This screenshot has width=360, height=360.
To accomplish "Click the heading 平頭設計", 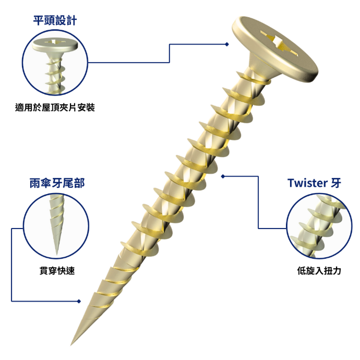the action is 55,21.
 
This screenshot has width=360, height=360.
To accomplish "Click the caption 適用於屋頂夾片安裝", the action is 55,107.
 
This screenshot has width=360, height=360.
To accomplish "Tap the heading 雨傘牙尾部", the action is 57,183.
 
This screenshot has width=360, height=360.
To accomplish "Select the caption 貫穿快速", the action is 57,271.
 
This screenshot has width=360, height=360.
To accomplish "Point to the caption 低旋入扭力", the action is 319,271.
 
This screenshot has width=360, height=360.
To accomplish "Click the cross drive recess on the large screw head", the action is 279,43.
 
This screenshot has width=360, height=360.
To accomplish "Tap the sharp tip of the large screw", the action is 71,344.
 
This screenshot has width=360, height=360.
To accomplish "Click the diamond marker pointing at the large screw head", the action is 227,44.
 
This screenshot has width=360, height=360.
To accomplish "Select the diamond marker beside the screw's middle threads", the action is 223,176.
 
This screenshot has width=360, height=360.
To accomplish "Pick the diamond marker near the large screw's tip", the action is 79,301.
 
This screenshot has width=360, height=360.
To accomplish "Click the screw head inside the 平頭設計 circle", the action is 55,45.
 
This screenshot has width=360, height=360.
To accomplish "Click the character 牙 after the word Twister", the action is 336,183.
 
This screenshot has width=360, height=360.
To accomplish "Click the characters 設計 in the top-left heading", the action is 66,21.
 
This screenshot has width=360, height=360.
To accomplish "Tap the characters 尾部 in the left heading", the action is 74,183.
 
